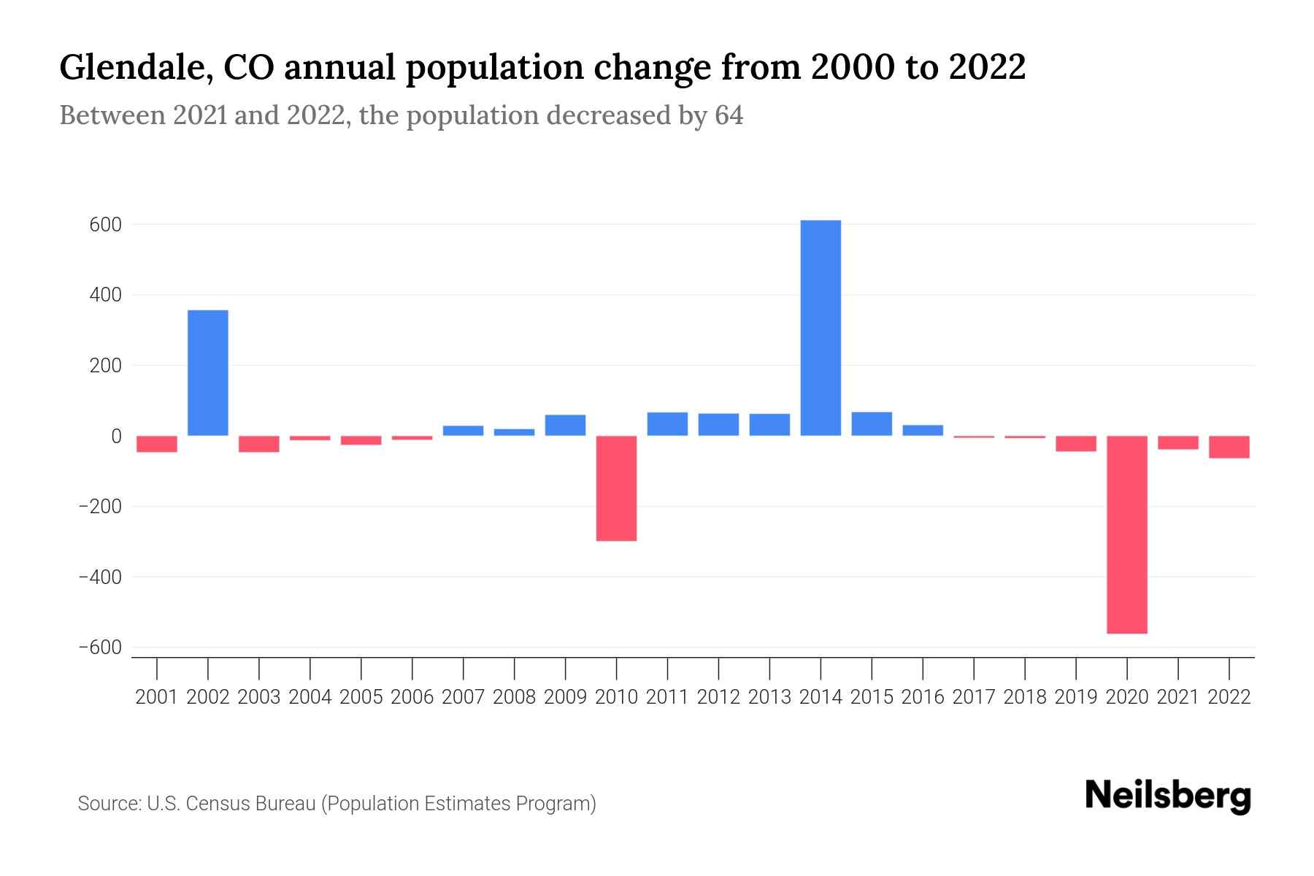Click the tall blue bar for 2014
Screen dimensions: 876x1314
tap(821, 328)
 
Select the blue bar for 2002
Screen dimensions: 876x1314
tap(208, 373)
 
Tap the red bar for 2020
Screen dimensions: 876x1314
tap(1127, 534)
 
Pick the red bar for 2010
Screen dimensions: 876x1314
tap(616, 488)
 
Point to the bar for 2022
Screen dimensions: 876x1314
tap(1229, 447)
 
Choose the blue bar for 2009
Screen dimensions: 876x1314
tap(565, 425)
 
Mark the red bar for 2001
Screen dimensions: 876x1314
tap(157, 444)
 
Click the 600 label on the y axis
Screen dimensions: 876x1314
tap(105, 225)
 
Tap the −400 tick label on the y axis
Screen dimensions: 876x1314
tap(101, 577)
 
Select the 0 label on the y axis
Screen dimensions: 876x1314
tap(115, 437)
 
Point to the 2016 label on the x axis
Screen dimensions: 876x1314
tap(923, 697)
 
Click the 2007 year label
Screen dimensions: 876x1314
tap(463, 697)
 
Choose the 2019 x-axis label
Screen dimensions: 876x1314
tap(1076, 697)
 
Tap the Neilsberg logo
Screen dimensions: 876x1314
tap(1168, 796)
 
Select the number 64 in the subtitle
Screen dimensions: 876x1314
tap(729, 115)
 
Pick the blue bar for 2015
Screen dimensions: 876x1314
tap(872, 424)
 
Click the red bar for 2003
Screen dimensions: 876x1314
tap(259, 444)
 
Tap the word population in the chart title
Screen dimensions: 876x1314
tap(493, 67)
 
